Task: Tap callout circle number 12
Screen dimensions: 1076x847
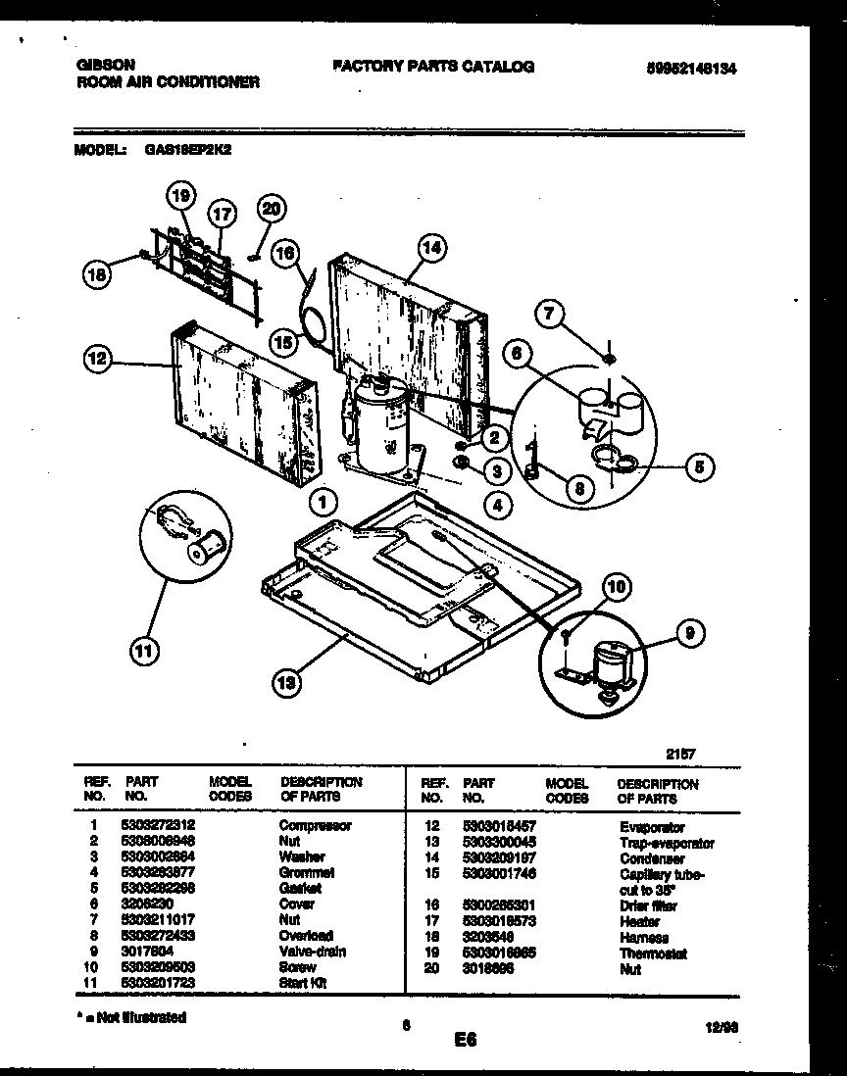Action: click(x=96, y=361)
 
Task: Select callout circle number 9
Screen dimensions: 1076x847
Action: click(x=689, y=634)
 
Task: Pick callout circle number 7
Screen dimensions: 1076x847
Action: click(x=551, y=314)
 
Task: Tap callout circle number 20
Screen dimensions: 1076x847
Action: click(x=272, y=208)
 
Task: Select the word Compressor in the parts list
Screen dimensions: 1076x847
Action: click(x=315, y=825)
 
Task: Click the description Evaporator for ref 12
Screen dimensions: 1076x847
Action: click(x=651, y=827)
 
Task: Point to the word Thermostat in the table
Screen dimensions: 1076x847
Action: click(x=653, y=954)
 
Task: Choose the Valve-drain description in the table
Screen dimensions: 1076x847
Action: click(x=313, y=951)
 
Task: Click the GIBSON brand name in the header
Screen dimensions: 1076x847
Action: click(x=104, y=67)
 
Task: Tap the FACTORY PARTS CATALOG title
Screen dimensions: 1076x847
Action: click(x=434, y=66)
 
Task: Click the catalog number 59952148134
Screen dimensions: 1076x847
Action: click(x=691, y=69)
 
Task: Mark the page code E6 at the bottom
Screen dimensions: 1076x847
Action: click(x=466, y=1042)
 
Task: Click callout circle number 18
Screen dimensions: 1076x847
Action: click(x=96, y=275)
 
